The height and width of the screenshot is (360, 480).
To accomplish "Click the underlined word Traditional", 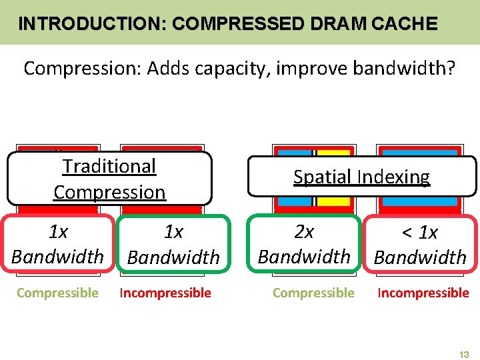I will (x=109, y=166).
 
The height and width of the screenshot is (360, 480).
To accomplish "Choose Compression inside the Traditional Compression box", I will (x=109, y=192).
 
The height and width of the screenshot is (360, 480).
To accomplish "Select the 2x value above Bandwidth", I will (x=304, y=232).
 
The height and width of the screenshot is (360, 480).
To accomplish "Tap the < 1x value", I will (x=420, y=233).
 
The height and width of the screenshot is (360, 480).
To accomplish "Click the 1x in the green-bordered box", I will (x=173, y=232).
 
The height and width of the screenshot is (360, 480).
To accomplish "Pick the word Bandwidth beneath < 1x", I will (x=420, y=257).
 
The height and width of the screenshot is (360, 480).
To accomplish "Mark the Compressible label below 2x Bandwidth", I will (x=313, y=293).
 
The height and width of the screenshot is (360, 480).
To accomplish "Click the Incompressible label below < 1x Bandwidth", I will (x=423, y=293).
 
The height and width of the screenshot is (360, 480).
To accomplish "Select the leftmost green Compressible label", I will (x=57, y=293).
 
